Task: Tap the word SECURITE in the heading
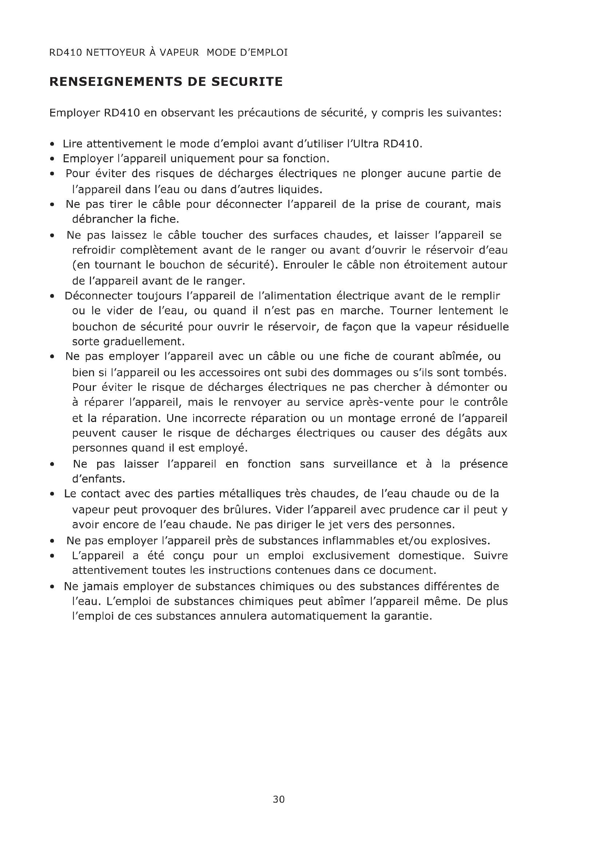click(247, 82)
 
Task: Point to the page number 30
click(279, 799)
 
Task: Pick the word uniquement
click(202, 159)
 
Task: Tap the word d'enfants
click(99, 479)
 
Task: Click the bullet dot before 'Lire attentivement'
click(53, 144)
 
